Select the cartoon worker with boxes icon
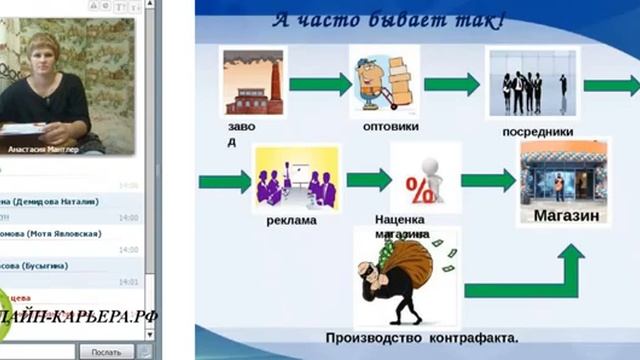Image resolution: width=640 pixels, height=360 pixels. (x=382, y=81)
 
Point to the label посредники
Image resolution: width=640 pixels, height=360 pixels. (x=538, y=131)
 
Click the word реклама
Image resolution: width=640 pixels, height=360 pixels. (x=291, y=219)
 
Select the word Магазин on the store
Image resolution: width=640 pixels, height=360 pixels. (x=566, y=215)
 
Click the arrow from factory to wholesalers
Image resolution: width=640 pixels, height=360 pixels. (x=319, y=83)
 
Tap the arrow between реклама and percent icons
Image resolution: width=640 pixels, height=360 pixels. (x=368, y=180)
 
